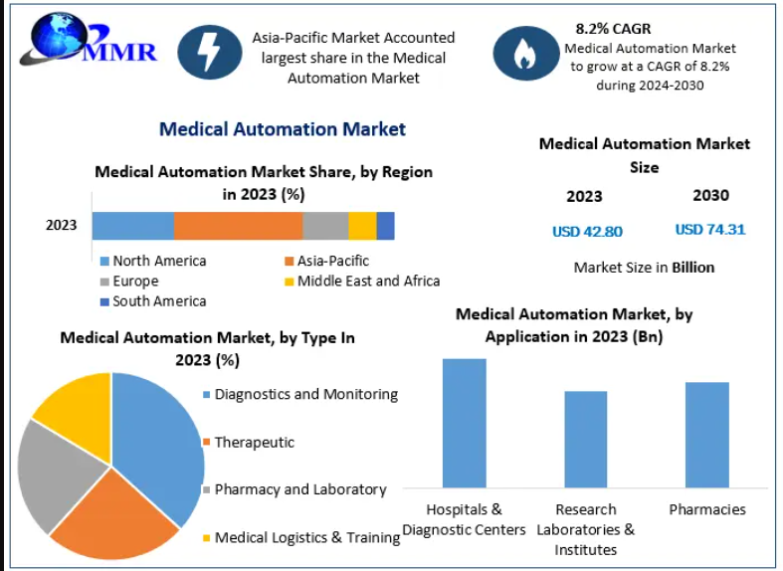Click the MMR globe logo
88,40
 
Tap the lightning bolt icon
210,53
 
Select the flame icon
526,53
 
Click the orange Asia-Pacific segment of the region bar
238,226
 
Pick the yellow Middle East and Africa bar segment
362,226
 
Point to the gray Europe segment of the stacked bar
325,226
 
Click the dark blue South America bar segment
385,226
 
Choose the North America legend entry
153,261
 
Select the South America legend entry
153,301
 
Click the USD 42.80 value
587,232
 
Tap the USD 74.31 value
710,230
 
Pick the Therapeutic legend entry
249,443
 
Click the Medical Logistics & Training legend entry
301,537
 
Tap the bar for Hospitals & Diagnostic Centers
465,423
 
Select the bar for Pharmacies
707,435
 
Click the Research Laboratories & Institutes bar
586,440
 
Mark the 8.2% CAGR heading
613,29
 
